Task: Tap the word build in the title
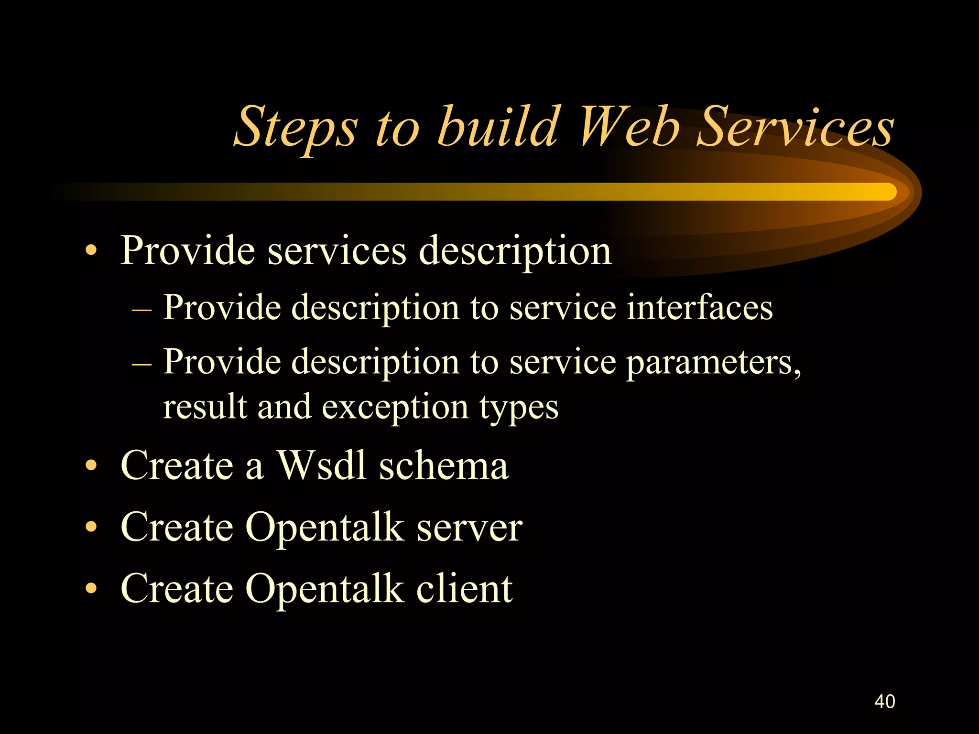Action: coord(498,127)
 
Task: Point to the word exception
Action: coord(395,407)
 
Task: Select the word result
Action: coord(205,407)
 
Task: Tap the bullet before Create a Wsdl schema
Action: coord(91,465)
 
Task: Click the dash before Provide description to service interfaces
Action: coord(141,309)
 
